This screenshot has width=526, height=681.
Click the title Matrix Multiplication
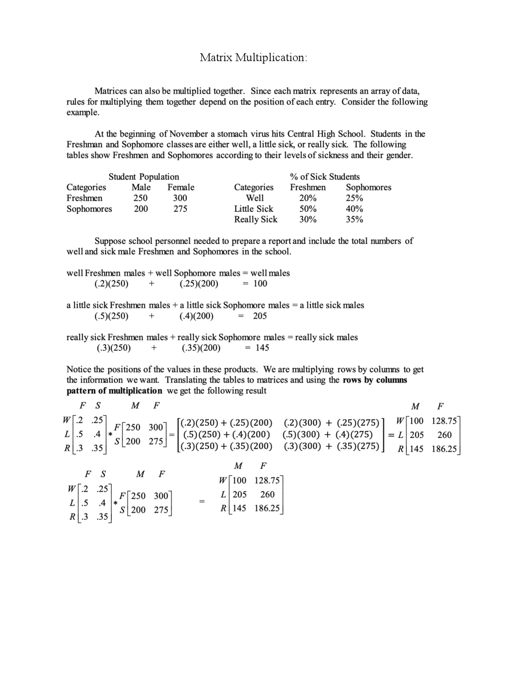click(x=253, y=58)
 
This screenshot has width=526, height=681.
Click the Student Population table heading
click(x=144, y=177)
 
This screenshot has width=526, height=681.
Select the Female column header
click(x=181, y=188)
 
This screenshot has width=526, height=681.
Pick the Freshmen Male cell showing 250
click(x=141, y=198)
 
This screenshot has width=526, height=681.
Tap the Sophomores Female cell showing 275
click(x=180, y=209)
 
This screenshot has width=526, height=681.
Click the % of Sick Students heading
click(x=325, y=177)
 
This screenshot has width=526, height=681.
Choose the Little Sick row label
click(x=254, y=209)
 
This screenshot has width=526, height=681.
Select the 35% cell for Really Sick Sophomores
click(x=354, y=220)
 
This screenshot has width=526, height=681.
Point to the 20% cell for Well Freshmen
click(x=308, y=198)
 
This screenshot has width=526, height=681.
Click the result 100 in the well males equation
click(x=260, y=284)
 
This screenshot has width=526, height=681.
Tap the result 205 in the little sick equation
click(x=260, y=316)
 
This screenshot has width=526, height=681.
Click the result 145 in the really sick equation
click(x=262, y=348)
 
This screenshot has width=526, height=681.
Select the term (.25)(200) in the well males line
click(x=199, y=284)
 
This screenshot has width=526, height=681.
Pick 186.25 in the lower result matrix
click(x=267, y=508)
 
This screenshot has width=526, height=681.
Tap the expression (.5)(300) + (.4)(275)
click(x=328, y=435)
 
